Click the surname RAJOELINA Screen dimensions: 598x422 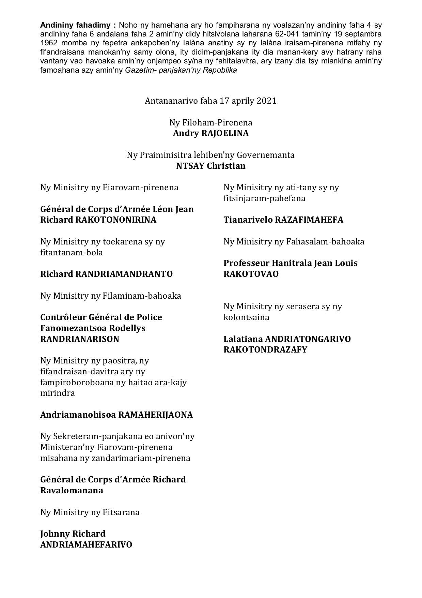coord(225,133)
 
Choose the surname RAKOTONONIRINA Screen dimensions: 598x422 coord(115,220)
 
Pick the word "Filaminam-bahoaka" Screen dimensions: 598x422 coord(142,296)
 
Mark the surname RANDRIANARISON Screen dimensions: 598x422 coord(80,339)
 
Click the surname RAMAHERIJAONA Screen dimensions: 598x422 coord(155,415)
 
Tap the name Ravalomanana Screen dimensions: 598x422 coord(72,490)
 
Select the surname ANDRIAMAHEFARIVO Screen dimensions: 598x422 coord(86,544)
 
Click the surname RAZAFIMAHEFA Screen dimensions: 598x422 coord(309,220)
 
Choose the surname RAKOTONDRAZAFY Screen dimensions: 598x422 coord(265,349)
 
